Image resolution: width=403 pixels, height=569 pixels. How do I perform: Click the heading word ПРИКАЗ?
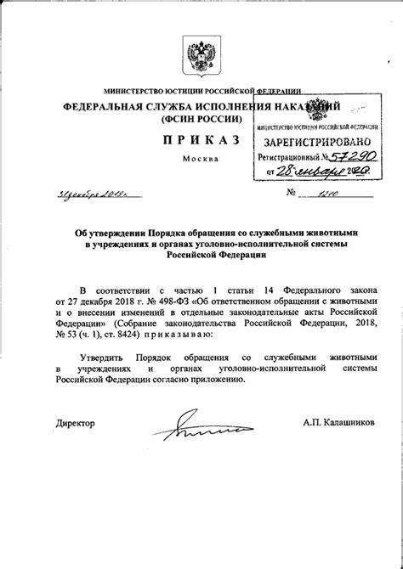(201, 138)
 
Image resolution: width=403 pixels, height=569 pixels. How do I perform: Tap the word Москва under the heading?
(201, 159)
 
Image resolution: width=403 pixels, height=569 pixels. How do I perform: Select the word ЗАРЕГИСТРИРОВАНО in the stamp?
(315, 141)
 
